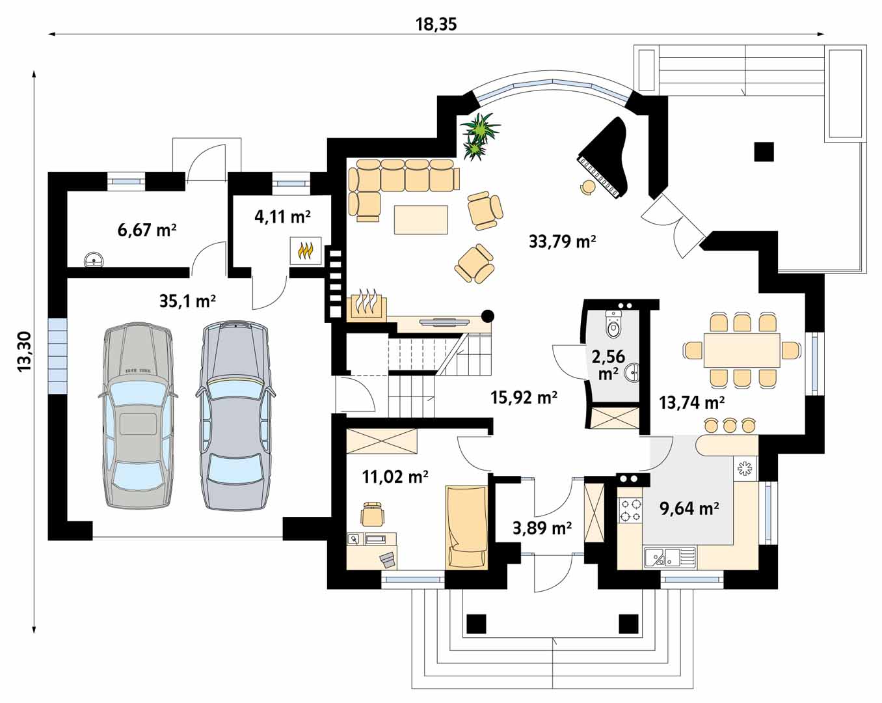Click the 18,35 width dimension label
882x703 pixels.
[x=436, y=25]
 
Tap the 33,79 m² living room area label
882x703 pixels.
[x=563, y=241]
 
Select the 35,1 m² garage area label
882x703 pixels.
[x=188, y=301]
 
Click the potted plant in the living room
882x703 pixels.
[x=479, y=135]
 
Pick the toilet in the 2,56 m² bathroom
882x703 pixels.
[x=613, y=324]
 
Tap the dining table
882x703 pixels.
[x=742, y=350]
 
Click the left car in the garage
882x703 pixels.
[x=138, y=415]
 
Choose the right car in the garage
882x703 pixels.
[x=235, y=415]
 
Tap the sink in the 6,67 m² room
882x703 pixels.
[x=94, y=260]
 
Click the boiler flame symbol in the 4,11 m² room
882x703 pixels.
[x=305, y=251]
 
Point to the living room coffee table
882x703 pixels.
[x=421, y=220]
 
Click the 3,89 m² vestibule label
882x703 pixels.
[x=542, y=529]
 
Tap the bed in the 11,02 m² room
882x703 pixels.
[x=467, y=527]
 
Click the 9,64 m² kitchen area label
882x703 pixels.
[x=689, y=508]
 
